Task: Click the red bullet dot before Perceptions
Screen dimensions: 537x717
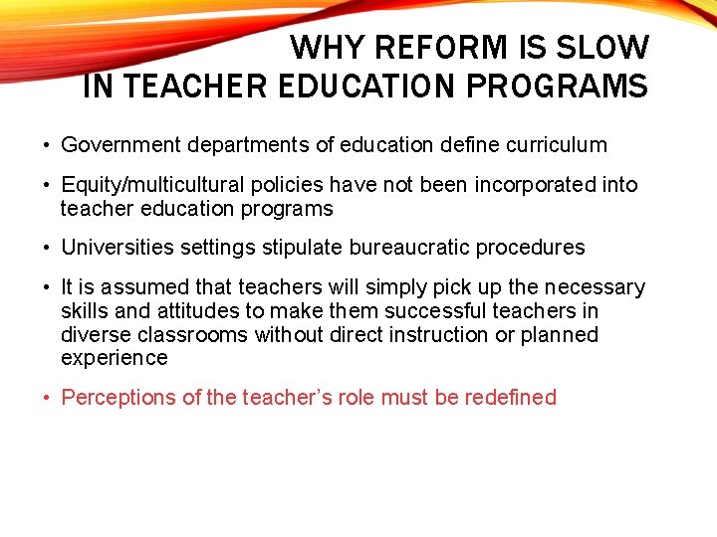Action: (47, 398)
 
